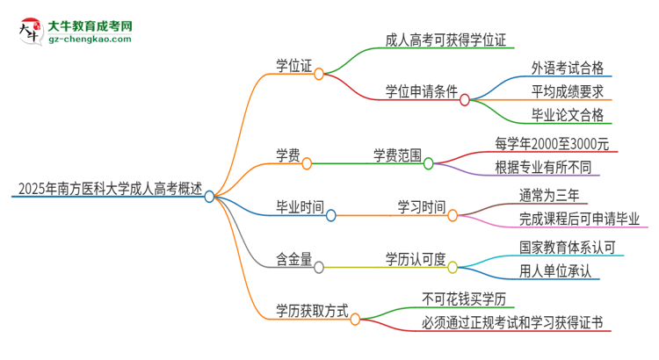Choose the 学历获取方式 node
point(312,310)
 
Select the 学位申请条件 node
point(422,91)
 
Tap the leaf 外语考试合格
point(567,68)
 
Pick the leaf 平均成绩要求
point(567,91)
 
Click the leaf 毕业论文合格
point(567,114)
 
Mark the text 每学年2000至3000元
point(552,143)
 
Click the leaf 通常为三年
point(548,195)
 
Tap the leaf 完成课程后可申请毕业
point(579,218)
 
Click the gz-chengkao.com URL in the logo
point(91,40)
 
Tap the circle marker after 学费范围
point(429,162)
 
